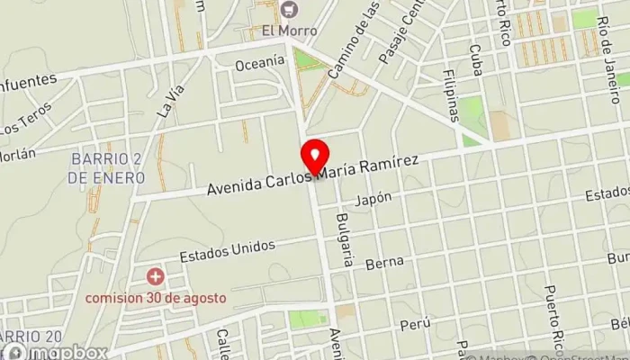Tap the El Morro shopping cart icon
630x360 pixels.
[x=289, y=10]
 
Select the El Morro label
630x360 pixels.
[x=290, y=30]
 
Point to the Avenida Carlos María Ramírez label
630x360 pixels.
[x=312, y=175]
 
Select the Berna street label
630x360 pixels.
[x=382, y=264]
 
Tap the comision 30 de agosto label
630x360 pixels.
[x=157, y=298]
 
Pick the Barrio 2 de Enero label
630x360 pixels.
[x=105, y=168]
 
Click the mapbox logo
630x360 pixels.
[x=54, y=351]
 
